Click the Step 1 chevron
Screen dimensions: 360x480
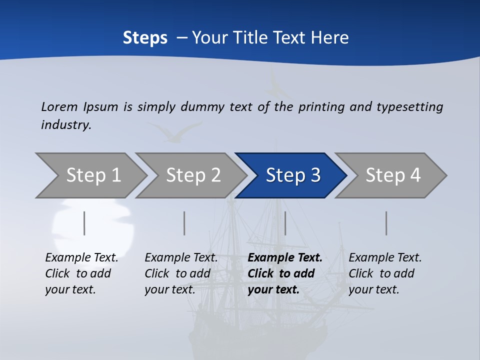click(x=93, y=175)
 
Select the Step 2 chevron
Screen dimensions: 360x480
click(x=193, y=175)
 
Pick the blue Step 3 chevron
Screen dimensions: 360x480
click(x=292, y=175)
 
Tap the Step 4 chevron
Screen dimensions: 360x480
click(x=392, y=175)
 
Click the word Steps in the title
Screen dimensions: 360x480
click(x=145, y=37)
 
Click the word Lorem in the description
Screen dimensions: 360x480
click(x=59, y=106)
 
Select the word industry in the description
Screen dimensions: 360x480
click(x=66, y=124)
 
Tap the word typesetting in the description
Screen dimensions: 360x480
click(x=409, y=106)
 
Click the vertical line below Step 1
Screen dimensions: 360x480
click(x=84, y=223)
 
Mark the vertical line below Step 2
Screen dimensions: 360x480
click(x=184, y=223)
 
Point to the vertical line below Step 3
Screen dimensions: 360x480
click(x=285, y=223)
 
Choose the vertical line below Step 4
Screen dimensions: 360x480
click(x=386, y=223)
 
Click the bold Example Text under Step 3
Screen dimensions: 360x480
click(x=285, y=258)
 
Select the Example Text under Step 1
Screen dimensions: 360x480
click(x=82, y=258)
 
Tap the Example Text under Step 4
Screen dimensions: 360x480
click(x=385, y=258)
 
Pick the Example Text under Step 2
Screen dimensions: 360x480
click(x=181, y=258)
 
